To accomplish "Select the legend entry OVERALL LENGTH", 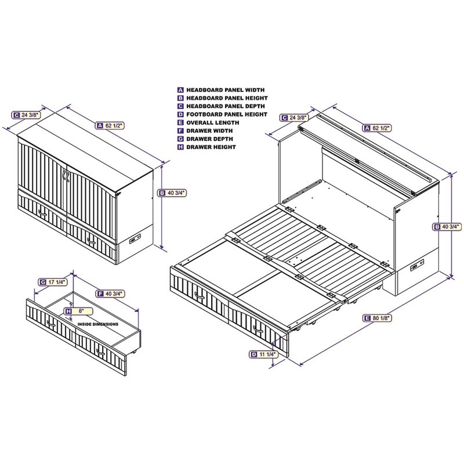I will click(208, 123).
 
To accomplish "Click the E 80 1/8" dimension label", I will click(376, 318).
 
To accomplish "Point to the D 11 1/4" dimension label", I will click(262, 354).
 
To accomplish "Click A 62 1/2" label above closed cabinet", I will click(111, 125).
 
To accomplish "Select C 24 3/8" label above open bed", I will click(293, 118).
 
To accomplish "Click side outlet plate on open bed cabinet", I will click(416, 268).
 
